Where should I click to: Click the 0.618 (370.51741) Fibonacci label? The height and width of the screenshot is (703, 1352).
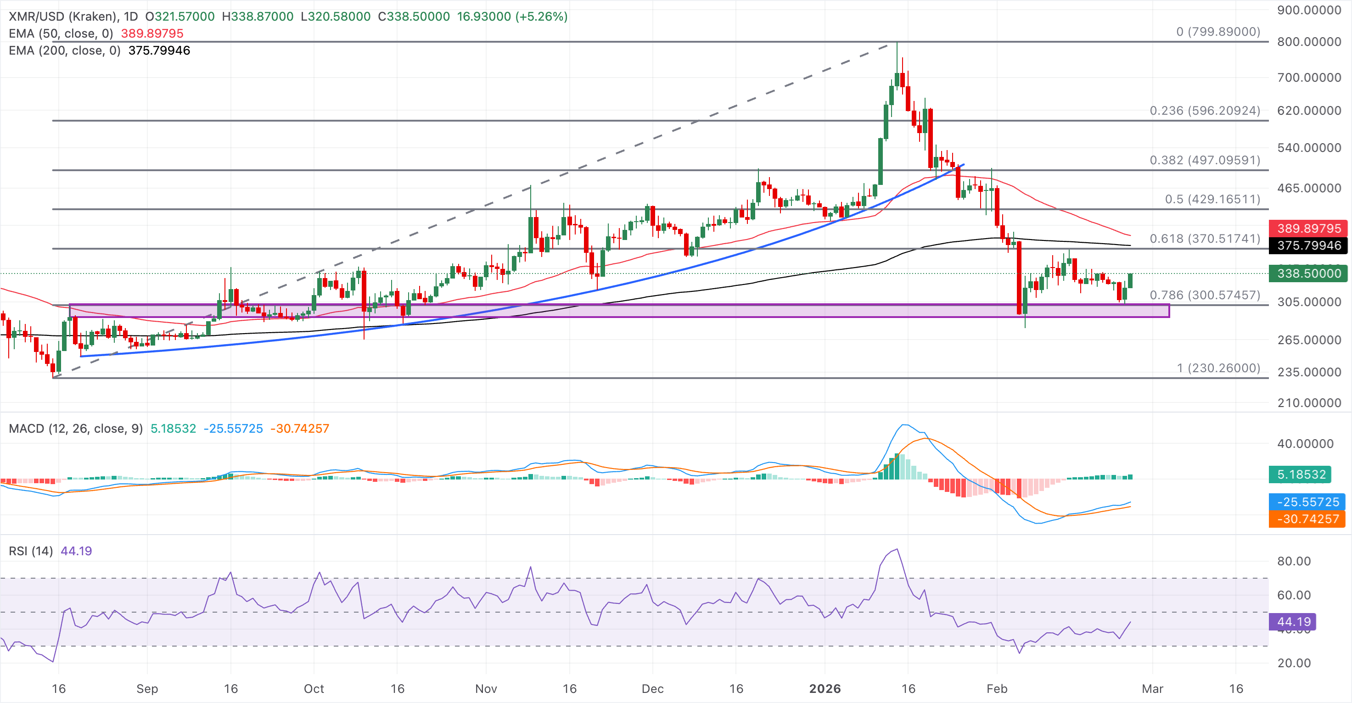pyautogui.click(x=1205, y=239)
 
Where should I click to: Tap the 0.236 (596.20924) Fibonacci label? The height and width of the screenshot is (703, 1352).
pyautogui.click(x=1205, y=111)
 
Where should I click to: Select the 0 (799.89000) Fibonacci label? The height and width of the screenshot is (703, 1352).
pyautogui.click(x=1217, y=32)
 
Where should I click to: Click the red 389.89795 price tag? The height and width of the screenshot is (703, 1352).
pyautogui.click(x=1308, y=228)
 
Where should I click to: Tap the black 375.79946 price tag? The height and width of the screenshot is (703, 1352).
pyautogui.click(x=1308, y=245)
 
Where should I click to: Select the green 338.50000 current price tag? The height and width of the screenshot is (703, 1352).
pyautogui.click(x=1308, y=273)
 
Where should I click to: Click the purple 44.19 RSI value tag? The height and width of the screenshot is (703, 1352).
pyautogui.click(x=1293, y=622)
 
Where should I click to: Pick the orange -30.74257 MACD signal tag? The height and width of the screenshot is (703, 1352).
pyautogui.click(x=1307, y=519)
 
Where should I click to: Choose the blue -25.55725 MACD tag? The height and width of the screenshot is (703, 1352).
pyautogui.click(x=1307, y=502)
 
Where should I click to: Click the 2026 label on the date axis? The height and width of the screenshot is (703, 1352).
pyautogui.click(x=825, y=688)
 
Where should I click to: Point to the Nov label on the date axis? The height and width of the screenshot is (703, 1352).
pyautogui.click(x=486, y=688)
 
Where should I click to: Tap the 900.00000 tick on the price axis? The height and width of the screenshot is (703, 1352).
pyautogui.click(x=1309, y=10)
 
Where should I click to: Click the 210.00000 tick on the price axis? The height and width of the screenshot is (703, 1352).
pyautogui.click(x=1309, y=403)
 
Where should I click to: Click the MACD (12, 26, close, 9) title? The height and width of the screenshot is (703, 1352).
pyautogui.click(x=76, y=429)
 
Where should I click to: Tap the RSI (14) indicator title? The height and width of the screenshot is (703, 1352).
pyautogui.click(x=30, y=551)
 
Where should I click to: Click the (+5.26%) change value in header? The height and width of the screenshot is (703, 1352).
pyautogui.click(x=541, y=16)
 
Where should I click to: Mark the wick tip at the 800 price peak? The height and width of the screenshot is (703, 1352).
pyautogui.click(x=897, y=43)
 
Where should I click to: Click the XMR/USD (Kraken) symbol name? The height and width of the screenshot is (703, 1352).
pyautogui.click(x=63, y=16)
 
